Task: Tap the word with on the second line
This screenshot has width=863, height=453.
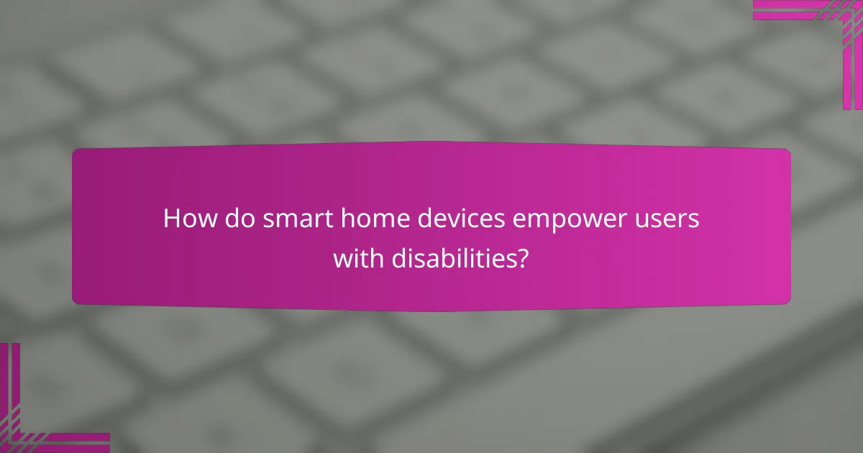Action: click(x=353, y=258)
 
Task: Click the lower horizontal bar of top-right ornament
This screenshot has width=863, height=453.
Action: click(x=798, y=15)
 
